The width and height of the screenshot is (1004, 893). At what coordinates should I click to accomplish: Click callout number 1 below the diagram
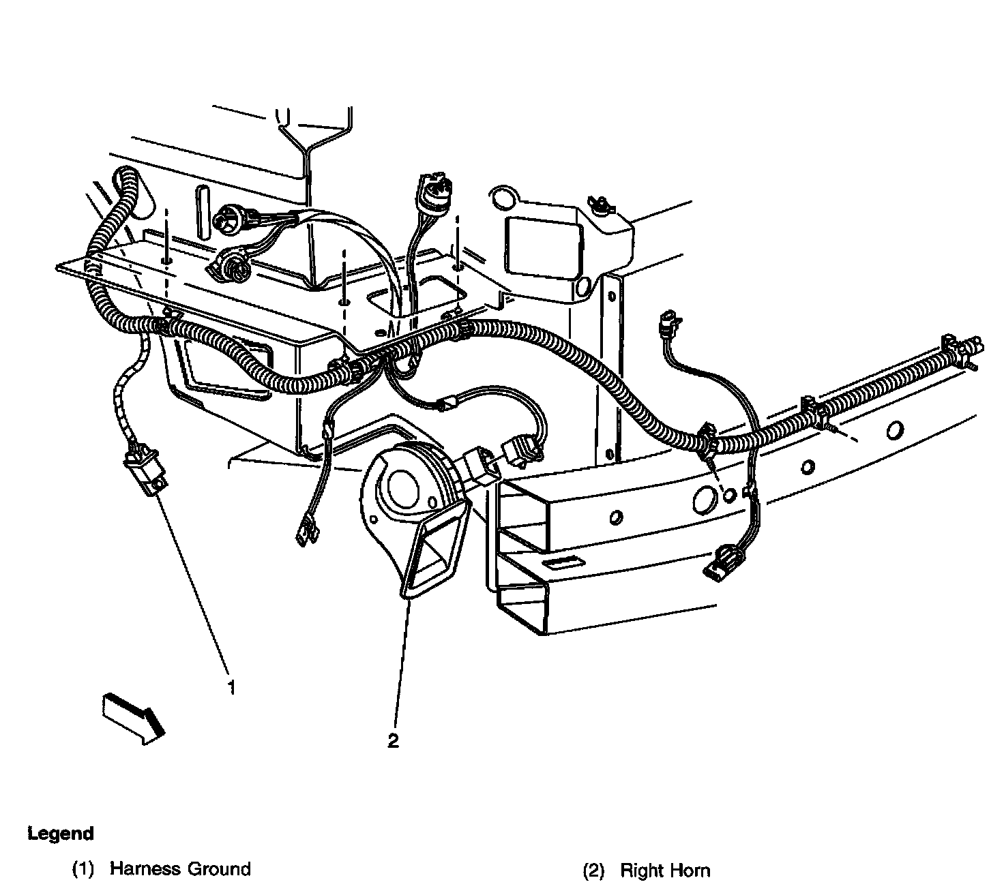click(x=232, y=688)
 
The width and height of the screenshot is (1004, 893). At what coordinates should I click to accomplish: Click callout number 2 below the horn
click(x=393, y=741)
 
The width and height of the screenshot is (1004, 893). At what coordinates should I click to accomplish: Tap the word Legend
click(x=61, y=833)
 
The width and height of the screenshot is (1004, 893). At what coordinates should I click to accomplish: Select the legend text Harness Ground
click(x=180, y=869)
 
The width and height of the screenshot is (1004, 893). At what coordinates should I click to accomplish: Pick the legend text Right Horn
click(x=664, y=871)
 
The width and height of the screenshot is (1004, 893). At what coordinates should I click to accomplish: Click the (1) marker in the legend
click(x=83, y=870)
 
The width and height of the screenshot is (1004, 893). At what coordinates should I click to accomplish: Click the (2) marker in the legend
click(x=593, y=871)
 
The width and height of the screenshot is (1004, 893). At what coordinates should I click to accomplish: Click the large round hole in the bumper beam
click(x=703, y=499)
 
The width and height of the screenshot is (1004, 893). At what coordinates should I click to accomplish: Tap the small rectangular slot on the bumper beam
click(x=565, y=564)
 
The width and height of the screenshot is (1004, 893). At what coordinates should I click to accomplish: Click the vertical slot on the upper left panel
click(x=203, y=211)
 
